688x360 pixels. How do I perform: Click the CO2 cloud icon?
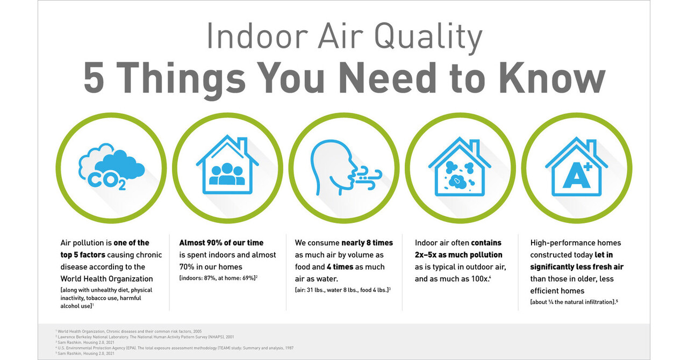click(x=111, y=167)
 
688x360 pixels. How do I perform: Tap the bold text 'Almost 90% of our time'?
click(x=221, y=243)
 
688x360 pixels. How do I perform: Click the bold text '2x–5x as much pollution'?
click(x=458, y=255)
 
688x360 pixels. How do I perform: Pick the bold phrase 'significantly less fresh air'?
click(x=577, y=267)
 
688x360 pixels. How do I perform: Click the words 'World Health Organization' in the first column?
click(x=107, y=278)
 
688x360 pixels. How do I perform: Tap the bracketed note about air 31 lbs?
click(x=342, y=290)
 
